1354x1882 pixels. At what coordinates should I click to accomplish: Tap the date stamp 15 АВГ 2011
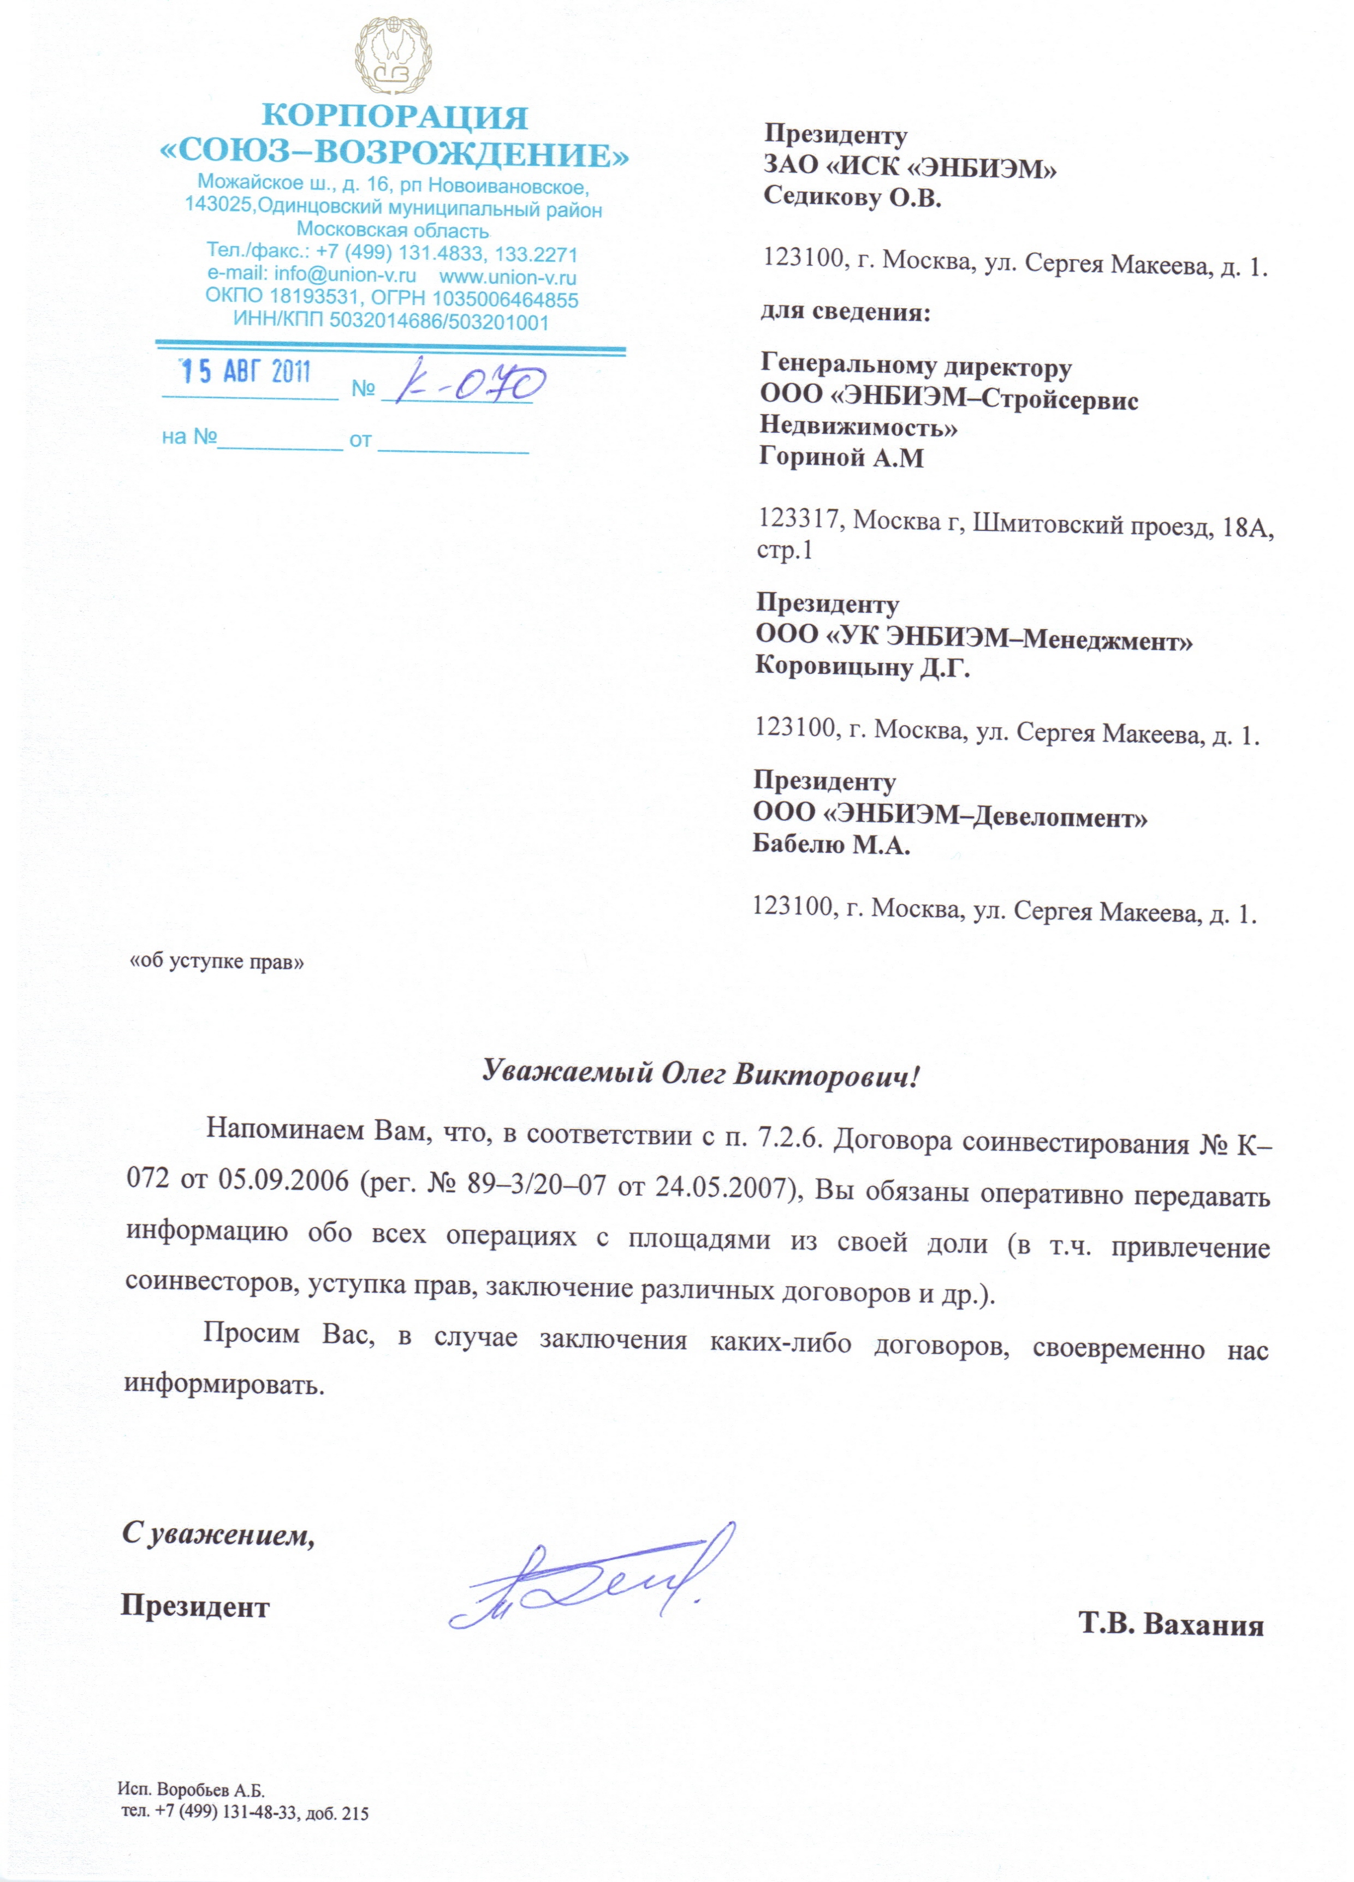(x=246, y=372)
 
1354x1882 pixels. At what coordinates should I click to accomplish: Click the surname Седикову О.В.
(x=852, y=198)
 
